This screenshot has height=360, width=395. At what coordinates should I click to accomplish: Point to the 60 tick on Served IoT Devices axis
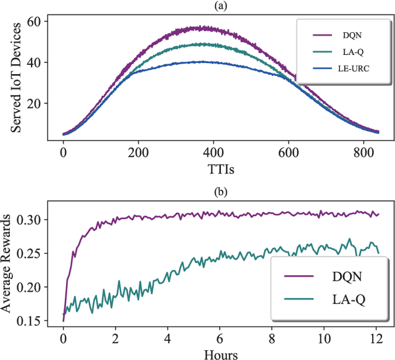point(40,21)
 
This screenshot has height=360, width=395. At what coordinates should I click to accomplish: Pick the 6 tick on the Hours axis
point(220,339)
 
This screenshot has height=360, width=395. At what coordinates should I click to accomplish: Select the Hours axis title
point(220,353)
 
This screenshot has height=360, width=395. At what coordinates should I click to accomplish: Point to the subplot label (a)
point(220,5)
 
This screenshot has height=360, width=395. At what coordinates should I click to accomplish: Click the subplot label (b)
point(220,191)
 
